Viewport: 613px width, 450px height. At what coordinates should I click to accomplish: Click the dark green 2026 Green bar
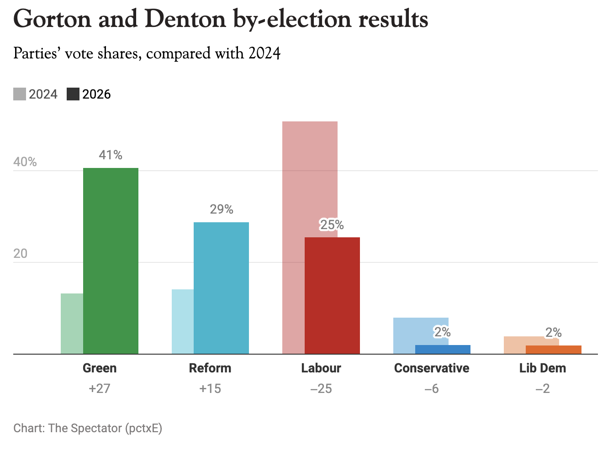coord(111,261)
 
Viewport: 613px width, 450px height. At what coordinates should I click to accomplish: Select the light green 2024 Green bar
coord(72,324)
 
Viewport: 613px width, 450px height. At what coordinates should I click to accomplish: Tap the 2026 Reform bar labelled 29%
coord(221,288)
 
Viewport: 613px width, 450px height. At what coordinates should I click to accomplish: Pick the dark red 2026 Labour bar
coord(332,295)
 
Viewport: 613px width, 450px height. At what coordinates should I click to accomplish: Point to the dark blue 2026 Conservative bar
coord(443,349)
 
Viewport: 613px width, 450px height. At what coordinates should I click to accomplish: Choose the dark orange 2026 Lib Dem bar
coord(553,350)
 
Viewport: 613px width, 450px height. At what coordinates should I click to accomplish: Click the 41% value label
coord(111,155)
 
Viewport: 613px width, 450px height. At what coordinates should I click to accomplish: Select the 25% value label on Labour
coord(332,225)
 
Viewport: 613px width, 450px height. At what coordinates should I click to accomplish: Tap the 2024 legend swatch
coord(20,94)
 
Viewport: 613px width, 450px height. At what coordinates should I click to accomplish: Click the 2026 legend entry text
coord(96,94)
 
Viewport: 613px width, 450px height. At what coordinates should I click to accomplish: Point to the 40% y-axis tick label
coord(25,162)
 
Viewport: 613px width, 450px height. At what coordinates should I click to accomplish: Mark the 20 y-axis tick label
coord(21,254)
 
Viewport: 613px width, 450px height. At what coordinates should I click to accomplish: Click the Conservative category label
coord(432,368)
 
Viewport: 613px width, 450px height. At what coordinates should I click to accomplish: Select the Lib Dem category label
coord(542,368)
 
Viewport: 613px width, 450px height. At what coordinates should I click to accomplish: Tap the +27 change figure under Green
coord(100,389)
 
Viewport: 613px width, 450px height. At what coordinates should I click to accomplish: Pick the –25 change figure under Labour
coord(321,389)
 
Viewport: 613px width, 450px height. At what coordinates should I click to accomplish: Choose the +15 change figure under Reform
coord(210,389)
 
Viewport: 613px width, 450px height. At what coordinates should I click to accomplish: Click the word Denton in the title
coord(186,20)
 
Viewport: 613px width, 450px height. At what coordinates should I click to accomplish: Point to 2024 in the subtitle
coord(264,54)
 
